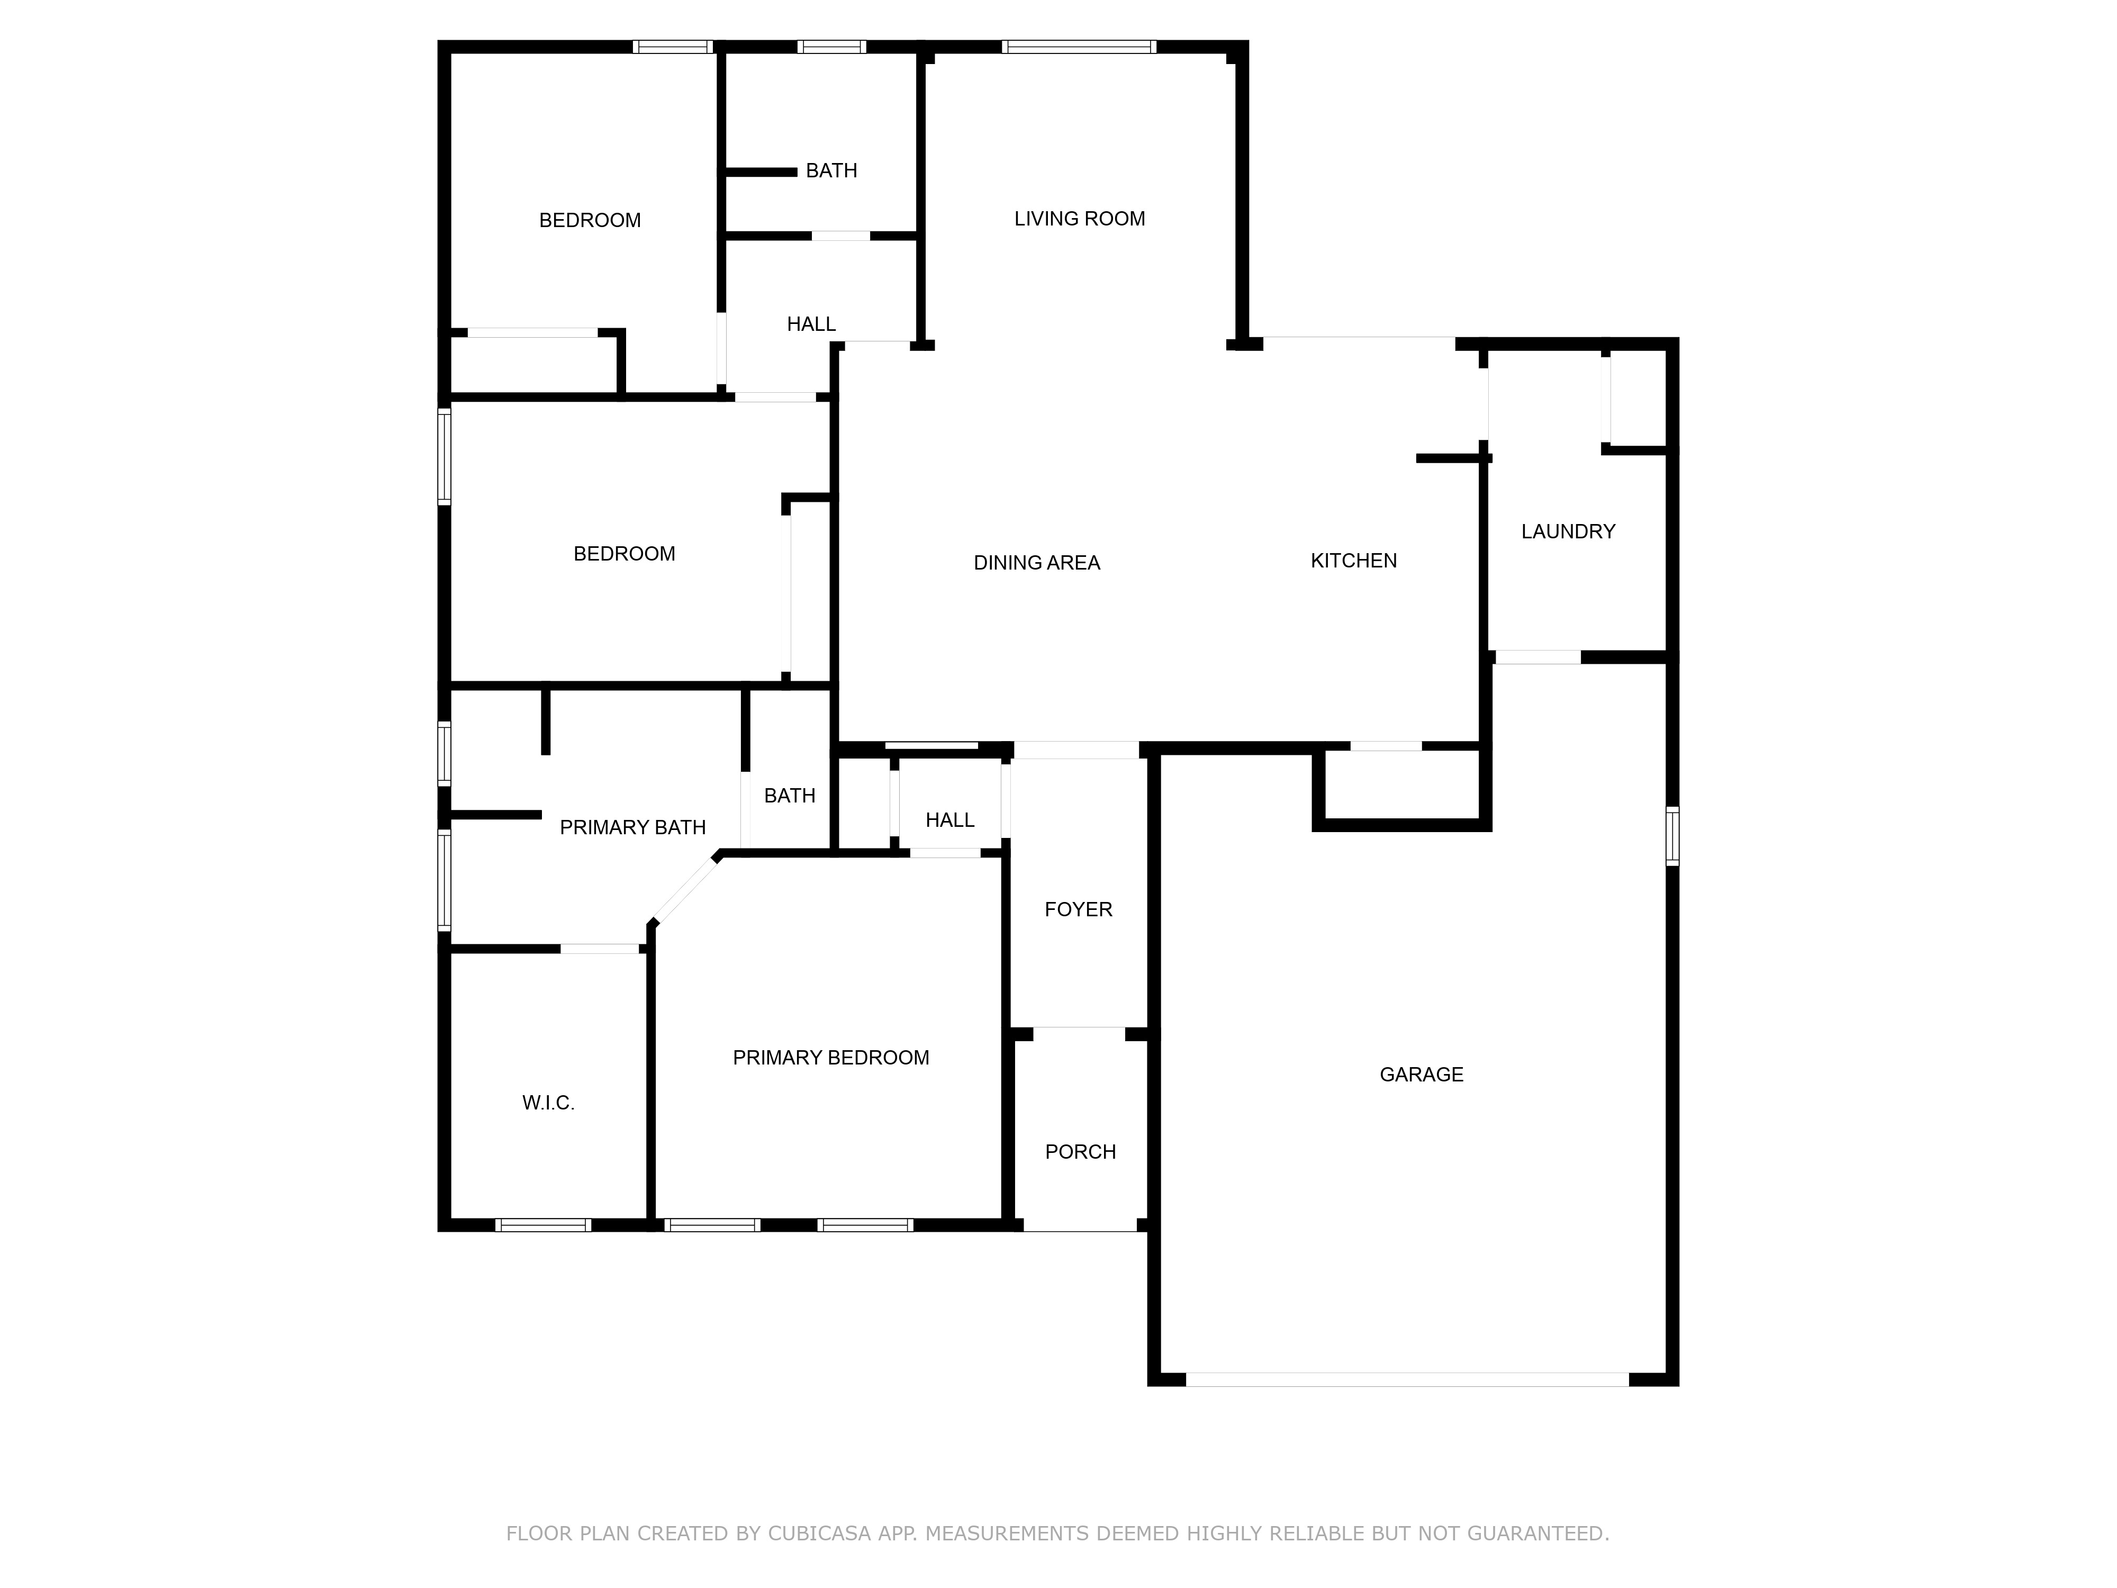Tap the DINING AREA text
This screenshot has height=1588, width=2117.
(1036, 563)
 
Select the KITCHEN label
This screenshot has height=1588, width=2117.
(1353, 561)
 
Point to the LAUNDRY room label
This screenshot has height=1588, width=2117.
(1568, 531)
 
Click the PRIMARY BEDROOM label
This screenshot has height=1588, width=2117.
(831, 1058)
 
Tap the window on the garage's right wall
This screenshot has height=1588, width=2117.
(1672, 836)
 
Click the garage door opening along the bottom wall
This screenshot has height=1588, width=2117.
(1407, 1379)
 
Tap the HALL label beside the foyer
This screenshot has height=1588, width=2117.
(949, 820)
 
